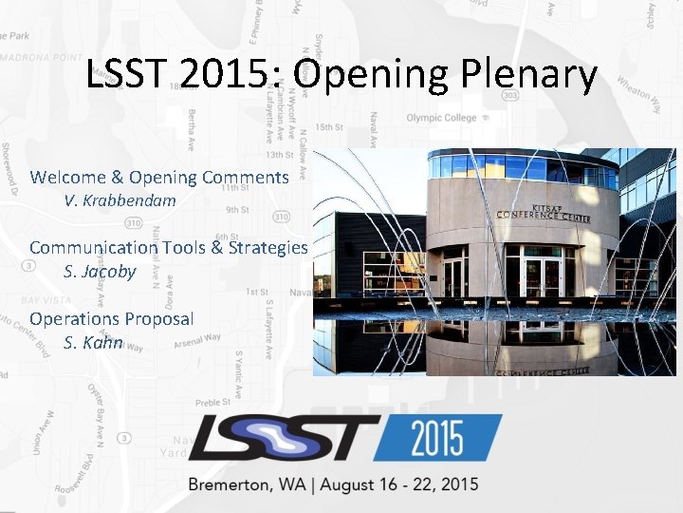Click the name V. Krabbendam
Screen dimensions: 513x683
[120, 200]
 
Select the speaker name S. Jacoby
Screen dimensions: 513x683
[100, 272]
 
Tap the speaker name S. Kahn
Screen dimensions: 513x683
[93, 343]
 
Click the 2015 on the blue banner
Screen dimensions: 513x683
[437, 439]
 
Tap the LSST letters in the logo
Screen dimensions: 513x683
[285, 437]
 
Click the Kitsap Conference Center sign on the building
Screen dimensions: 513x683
[544, 214]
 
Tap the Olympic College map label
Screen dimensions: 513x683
[441, 118]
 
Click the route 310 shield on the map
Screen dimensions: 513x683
[133, 223]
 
